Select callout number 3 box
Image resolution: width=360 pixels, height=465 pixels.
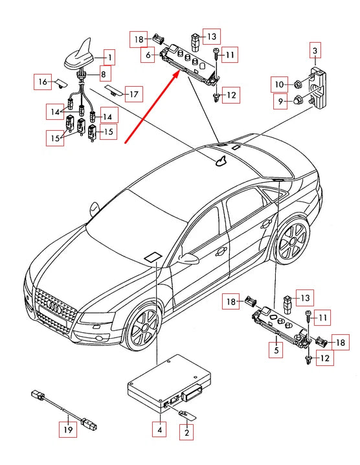coord(315,51)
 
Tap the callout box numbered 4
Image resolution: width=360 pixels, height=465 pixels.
coord(159,429)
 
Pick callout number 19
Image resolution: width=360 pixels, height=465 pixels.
coord(68,429)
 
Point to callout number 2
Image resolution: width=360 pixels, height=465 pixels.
coord(186,432)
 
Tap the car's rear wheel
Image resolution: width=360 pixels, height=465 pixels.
coord(292,240)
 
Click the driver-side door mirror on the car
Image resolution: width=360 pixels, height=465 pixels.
coord(188,258)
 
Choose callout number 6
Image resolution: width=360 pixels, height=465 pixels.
coord(148,54)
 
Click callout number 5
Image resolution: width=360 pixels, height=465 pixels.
coord(276,350)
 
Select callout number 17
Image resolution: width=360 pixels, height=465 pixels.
coord(134,94)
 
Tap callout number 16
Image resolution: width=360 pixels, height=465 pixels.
coord(43,82)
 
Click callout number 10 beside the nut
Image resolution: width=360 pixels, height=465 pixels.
coord(279,84)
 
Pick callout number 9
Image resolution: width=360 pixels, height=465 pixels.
coord(280,102)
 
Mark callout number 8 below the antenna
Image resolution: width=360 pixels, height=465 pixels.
coord(103,74)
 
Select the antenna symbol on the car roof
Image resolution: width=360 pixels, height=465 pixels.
coord(221,161)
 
